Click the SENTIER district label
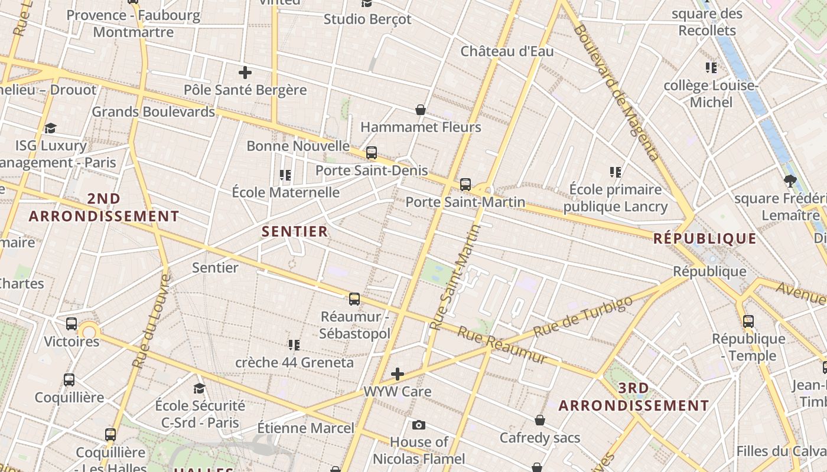tap(294, 231)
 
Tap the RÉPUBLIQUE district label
tap(705, 238)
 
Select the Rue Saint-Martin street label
tap(456, 277)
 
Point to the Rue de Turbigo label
tap(582, 317)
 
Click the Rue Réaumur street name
tap(502, 345)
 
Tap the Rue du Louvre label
tap(152, 321)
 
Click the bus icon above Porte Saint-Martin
tap(465, 185)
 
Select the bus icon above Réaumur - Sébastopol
tap(354, 299)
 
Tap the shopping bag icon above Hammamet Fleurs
tap(421, 110)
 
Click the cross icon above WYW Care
tap(398, 374)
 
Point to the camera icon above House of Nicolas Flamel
tap(419, 425)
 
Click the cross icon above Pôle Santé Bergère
tap(245, 73)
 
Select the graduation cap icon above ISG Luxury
tap(51, 128)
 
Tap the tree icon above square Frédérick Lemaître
tap(790, 181)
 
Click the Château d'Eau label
tap(507, 51)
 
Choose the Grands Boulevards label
tap(153, 112)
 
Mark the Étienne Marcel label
tap(306, 428)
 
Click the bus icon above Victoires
tap(71, 324)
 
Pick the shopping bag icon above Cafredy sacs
tap(540, 420)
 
